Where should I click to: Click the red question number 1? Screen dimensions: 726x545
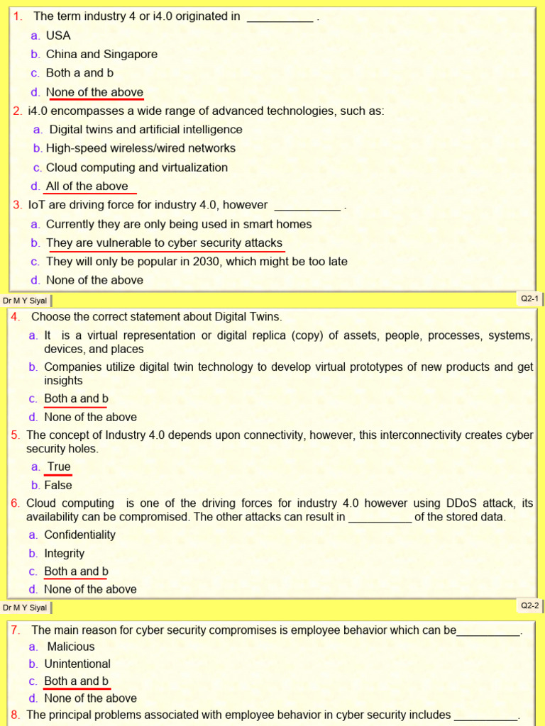point(18,16)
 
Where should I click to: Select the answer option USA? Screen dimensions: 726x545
point(58,35)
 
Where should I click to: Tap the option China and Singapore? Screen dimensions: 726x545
point(101,54)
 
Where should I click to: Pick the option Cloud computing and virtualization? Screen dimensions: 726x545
point(137,167)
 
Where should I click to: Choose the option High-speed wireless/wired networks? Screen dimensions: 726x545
point(141,148)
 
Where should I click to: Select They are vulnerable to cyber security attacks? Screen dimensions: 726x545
point(164,242)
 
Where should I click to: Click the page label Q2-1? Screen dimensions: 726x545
point(530,299)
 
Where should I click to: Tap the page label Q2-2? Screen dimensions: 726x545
point(530,605)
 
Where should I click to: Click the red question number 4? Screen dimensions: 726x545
point(15,316)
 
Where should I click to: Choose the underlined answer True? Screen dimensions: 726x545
point(59,467)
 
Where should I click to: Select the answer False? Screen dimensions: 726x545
point(58,485)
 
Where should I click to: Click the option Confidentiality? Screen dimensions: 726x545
point(79,535)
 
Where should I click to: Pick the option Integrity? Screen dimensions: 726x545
point(64,553)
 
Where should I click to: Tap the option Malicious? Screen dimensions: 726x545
point(70,647)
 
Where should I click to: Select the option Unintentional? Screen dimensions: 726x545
point(77,664)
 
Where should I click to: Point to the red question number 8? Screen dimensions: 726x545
point(15,715)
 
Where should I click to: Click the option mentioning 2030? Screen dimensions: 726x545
point(197,261)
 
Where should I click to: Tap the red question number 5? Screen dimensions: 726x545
point(15,435)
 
